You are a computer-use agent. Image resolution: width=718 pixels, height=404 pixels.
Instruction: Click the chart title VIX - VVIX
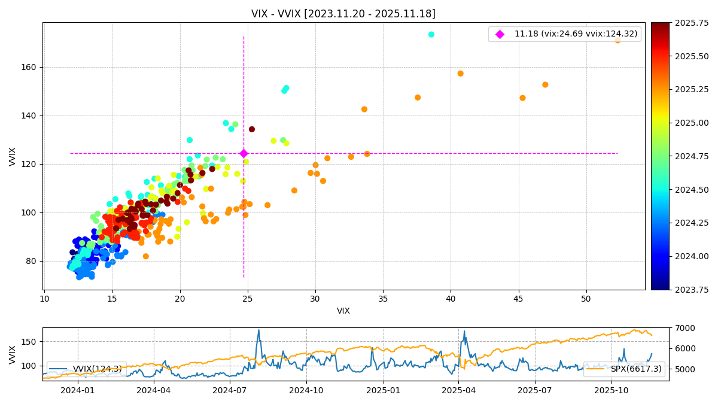coord(343,14)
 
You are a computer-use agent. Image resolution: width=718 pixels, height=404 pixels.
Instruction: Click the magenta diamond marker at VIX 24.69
coord(244,154)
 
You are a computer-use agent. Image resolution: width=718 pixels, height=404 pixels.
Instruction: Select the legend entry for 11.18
coord(574,34)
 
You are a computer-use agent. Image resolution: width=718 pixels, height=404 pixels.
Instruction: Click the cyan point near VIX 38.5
coord(431,35)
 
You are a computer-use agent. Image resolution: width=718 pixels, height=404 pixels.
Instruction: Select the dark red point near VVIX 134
coord(252,129)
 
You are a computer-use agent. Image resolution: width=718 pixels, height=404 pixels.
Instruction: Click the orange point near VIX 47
coord(545,85)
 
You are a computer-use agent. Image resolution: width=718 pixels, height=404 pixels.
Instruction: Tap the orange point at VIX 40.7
coord(460,74)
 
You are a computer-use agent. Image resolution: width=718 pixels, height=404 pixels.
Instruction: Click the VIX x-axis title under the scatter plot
coord(343,311)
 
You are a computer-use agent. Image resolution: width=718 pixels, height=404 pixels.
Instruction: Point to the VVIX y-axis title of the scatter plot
coord(13,156)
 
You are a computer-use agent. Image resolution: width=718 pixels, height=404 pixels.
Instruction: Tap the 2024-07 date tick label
coord(230,390)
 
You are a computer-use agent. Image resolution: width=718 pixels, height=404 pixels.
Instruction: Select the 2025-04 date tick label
coord(458,390)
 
